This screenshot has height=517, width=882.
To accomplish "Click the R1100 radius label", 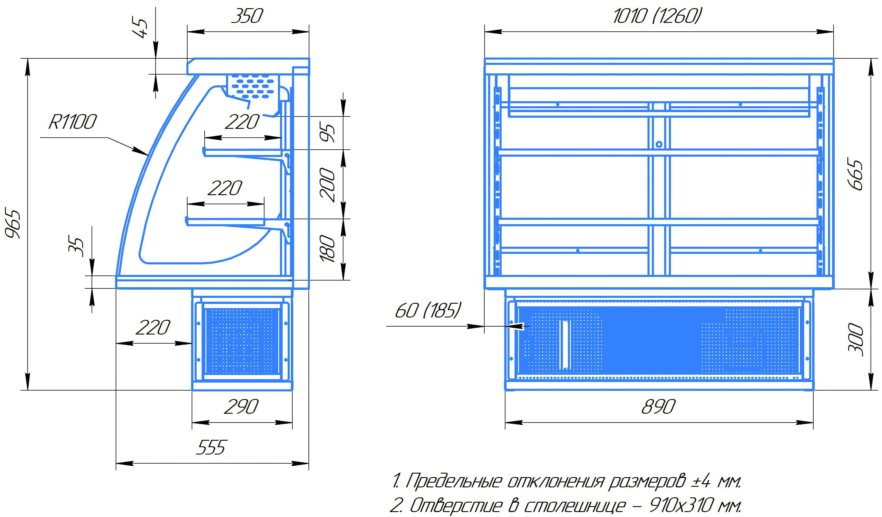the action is point(72,122).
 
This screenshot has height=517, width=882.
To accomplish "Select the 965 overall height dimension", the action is point(14,224).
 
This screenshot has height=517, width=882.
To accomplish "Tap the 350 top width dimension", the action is point(247,16).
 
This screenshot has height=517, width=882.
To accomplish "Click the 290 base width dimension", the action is point(241,407).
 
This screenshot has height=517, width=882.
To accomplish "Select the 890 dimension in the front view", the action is point(658,407).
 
